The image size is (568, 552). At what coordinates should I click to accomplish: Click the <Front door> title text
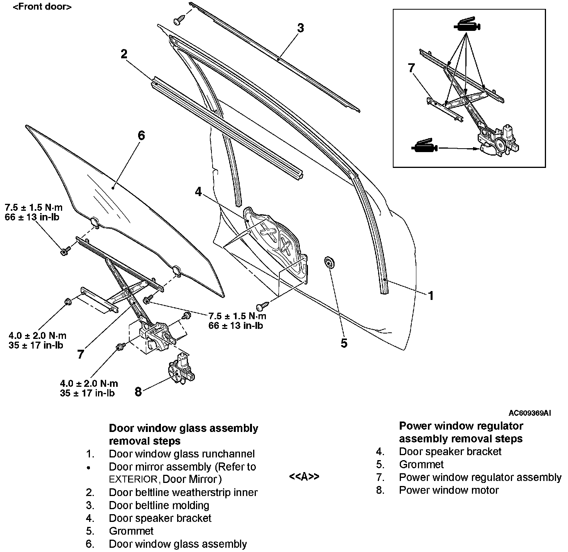(42, 7)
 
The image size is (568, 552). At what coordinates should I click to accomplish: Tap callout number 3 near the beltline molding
(300, 28)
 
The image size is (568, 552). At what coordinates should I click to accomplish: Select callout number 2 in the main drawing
(124, 54)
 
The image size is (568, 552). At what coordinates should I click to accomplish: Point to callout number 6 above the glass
(141, 135)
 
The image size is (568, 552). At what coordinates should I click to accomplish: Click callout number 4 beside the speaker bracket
(198, 192)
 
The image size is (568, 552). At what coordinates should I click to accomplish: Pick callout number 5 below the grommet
(344, 343)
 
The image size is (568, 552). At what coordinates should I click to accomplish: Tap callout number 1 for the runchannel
(431, 296)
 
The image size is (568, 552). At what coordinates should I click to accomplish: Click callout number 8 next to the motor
(138, 392)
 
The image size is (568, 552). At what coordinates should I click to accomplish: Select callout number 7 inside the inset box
(411, 68)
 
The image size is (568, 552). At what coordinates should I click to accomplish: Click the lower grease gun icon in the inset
(424, 147)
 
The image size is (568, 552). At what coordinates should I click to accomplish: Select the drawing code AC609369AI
(529, 413)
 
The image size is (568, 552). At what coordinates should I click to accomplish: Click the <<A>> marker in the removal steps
(304, 477)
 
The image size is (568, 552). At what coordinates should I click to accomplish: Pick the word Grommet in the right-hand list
(421, 464)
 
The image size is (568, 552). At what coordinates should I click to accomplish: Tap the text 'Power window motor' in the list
(449, 490)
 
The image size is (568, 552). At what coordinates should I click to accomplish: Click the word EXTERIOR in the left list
(133, 480)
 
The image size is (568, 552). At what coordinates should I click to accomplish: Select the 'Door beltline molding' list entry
(159, 505)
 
